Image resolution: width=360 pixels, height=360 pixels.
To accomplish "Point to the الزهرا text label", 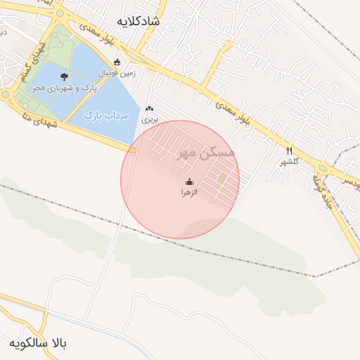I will click(x=190, y=191).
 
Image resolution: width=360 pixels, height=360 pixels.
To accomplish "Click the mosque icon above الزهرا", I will click(x=189, y=181).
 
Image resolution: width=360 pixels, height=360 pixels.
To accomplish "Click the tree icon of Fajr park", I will click(x=65, y=77).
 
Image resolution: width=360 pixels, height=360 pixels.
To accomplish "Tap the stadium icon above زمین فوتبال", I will click(x=117, y=62).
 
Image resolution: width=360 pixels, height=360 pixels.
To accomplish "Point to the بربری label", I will click(x=150, y=120).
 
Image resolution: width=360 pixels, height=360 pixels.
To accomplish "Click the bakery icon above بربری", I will click(x=149, y=110).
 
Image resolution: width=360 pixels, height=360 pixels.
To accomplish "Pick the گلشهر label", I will click(x=289, y=162).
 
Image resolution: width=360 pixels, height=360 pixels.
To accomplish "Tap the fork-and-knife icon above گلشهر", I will click(x=289, y=150).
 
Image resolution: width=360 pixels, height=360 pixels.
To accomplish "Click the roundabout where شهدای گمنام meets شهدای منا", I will click(x=6, y=94).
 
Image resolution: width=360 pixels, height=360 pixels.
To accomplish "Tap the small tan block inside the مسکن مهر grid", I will click(x=222, y=179).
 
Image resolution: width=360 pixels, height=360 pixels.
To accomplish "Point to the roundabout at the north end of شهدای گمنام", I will click(x=60, y=13).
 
